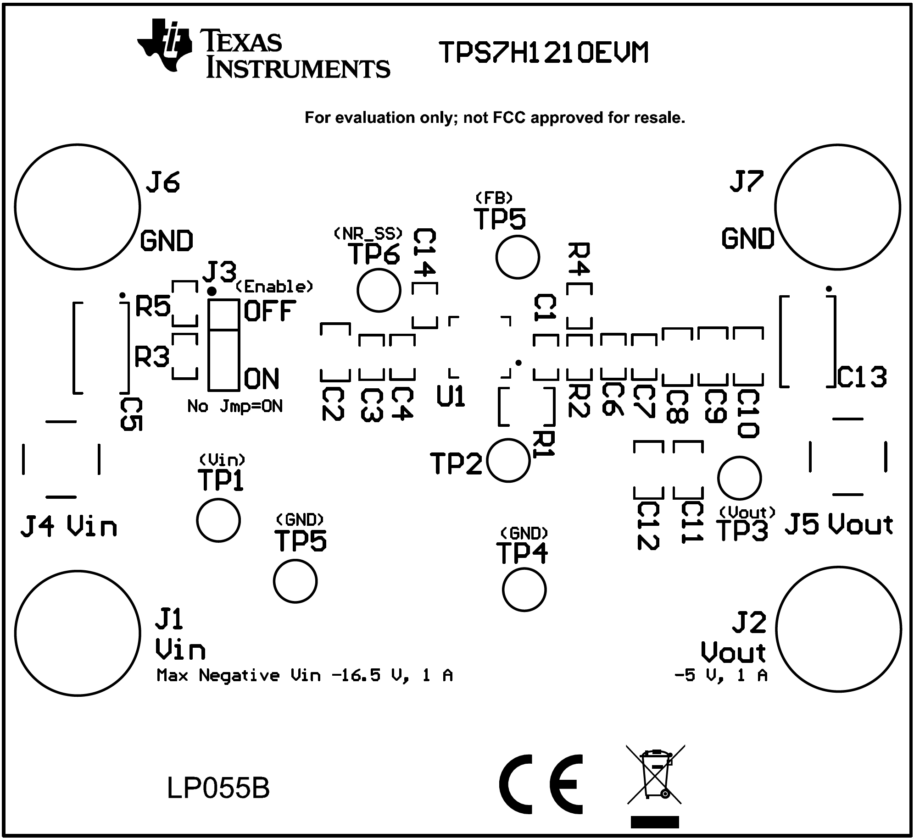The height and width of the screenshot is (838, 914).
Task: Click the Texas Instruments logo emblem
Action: click(x=164, y=45)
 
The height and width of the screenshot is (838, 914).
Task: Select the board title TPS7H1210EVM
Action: click(x=544, y=53)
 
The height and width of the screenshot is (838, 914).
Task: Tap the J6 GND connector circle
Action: click(x=77, y=207)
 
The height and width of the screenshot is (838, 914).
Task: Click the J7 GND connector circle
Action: click(x=837, y=207)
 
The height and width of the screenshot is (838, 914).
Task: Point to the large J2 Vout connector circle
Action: click(x=838, y=628)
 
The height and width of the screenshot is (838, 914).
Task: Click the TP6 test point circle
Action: click(x=379, y=291)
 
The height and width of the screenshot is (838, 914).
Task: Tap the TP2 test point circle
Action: click(x=508, y=460)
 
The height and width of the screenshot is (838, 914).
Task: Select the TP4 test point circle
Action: click(x=524, y=590)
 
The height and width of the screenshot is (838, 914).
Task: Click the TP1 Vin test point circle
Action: click(x=218, y=520)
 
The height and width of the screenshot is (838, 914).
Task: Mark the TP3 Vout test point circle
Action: click(x=739, y=478)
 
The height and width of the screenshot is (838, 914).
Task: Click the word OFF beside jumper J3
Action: click(x=270, y=311)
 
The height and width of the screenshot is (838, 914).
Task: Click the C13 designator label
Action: click(x=862, y=378)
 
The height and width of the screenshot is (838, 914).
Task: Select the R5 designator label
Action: click(x=153, y=306)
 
